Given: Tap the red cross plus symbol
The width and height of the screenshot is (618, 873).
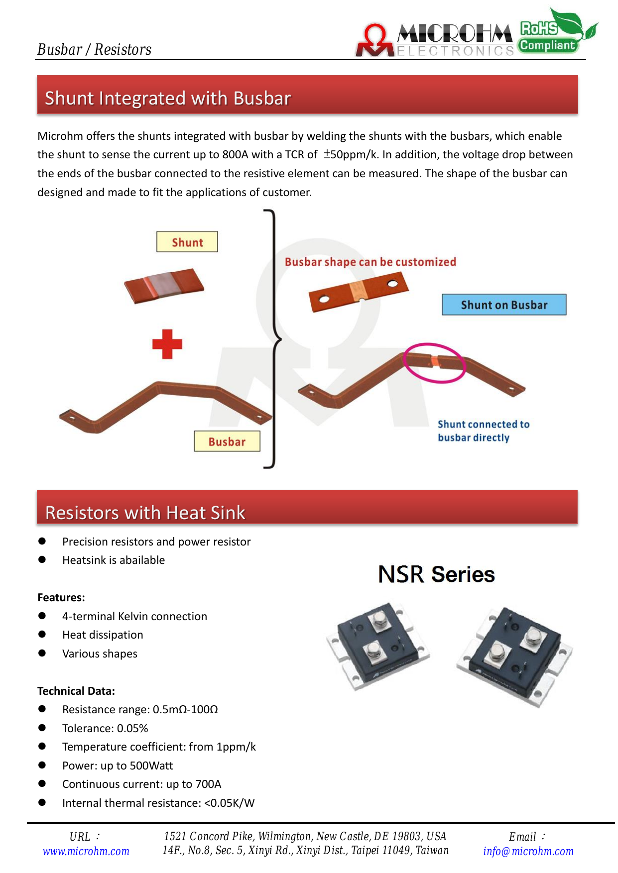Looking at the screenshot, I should tap(167, 344).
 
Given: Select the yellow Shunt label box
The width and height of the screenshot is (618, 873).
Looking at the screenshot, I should tap(187, 242).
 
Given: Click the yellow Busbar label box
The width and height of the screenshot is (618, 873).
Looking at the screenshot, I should tap(227, 441).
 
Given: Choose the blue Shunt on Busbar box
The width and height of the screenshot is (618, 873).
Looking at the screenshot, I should tap(504, 305).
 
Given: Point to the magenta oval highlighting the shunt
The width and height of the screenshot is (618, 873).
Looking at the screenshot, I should tap(434, 363).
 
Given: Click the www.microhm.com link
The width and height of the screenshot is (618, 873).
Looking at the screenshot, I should tap(86, 851).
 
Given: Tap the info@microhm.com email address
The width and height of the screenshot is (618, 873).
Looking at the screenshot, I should tap(528, 851).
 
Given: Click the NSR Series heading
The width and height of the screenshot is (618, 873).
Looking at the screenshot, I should tap(436, 574).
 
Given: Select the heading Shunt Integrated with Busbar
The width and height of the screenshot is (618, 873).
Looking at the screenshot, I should tap(168, 98).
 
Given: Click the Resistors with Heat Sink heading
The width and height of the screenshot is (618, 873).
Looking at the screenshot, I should tap(145, 512).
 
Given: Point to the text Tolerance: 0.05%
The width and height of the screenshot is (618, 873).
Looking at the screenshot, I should tap(105, 728).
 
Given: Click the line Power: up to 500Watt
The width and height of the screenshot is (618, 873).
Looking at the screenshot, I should tap(118, 765).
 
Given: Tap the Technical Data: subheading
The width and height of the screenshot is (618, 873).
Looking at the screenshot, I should tap(76, 691).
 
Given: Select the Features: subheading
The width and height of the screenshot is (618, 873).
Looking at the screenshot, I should tap(61, 597).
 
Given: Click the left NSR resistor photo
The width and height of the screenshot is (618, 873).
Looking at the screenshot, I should tap(378, 646).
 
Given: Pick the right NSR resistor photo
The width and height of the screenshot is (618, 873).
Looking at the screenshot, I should tap(514, 656).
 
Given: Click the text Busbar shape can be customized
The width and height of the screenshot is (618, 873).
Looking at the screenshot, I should tap(370, 262).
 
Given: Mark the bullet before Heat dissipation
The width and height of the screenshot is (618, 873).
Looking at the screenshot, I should tap(42, 635).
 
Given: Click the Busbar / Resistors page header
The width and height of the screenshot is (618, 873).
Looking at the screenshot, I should tap(94, 49).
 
